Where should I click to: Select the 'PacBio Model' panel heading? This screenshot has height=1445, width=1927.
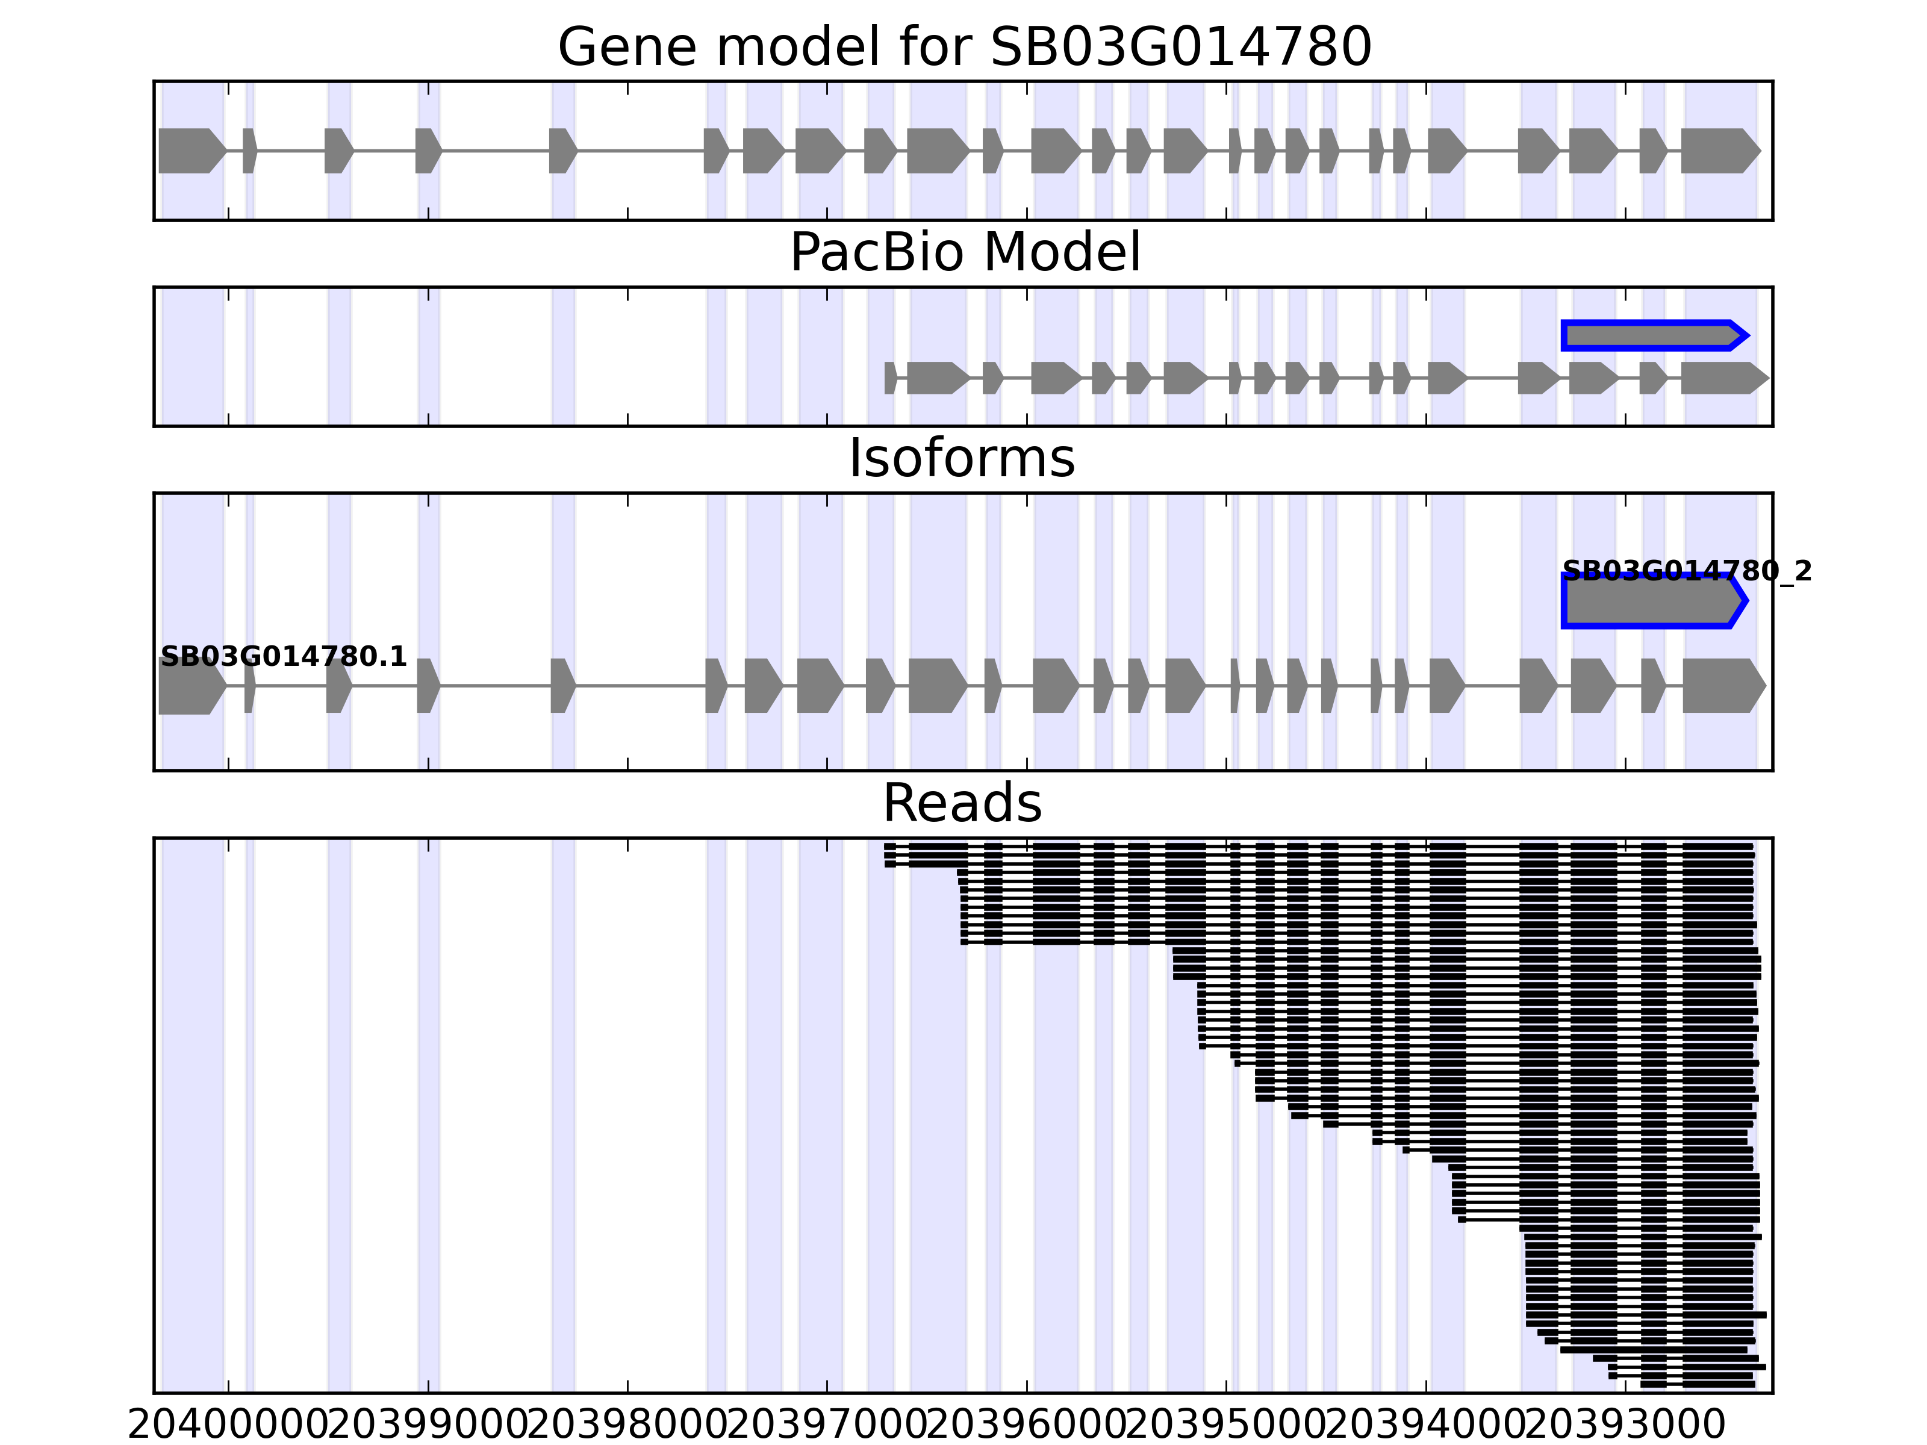coord(964,253)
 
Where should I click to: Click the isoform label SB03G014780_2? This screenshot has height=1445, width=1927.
coord(1687,571)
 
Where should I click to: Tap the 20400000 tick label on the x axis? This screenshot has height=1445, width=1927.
coord(228,1426)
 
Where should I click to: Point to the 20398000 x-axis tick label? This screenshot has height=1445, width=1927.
coord(628,1426)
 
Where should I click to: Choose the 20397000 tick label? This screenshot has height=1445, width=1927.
coord(827,1426)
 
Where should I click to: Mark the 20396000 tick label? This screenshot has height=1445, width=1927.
coord(1027,1426)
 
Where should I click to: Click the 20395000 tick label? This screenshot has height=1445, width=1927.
coord(1227,1426)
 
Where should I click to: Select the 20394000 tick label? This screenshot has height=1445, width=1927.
coord(1426,1426)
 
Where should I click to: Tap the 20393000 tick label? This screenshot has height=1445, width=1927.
coord(1625,1426)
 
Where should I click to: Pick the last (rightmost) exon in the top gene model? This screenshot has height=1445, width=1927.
coord(1719,151)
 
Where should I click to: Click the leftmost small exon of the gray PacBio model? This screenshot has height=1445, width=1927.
coord(889,378)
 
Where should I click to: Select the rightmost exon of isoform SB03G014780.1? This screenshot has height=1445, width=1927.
coord(1722,686)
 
